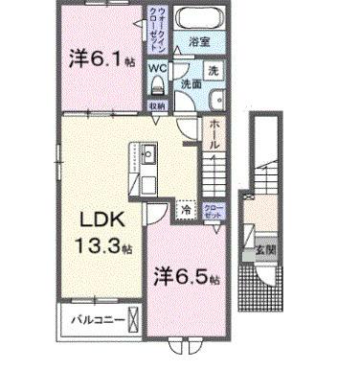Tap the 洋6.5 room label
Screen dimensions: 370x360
[x=188, y=277]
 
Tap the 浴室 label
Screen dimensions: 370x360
[x=199, y=42]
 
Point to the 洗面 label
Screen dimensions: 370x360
[x=190, y=84]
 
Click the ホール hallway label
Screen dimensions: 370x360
[x=215, y=133]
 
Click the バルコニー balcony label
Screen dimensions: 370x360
[x=92, y=318]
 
